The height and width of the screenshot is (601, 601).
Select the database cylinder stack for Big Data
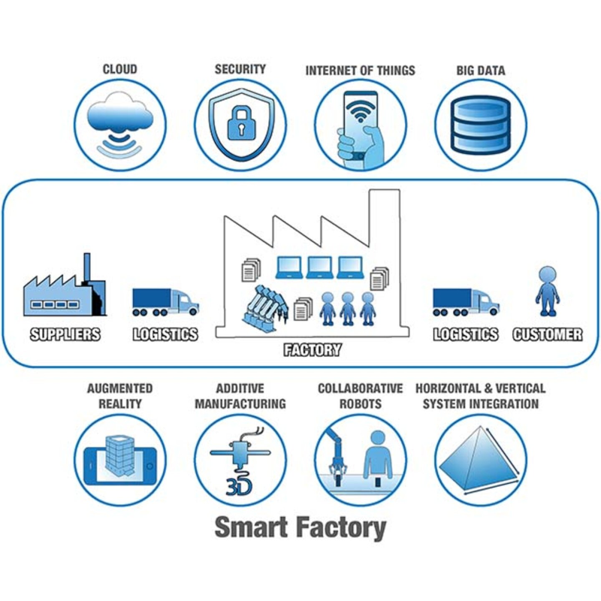pyautogui.click(x=481, y=125)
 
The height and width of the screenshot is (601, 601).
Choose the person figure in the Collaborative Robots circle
pyautogui.click(x=377, y=455)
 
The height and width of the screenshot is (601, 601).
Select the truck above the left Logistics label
pyautogui.click(x=165, y=302)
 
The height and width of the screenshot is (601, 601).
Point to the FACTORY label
pyautogui.click(x=313, y=349)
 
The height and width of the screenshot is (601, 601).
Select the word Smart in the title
pyautogui.click(x=252, y=527)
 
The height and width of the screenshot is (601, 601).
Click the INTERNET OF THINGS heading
pyautogui.click(x=360, y=71)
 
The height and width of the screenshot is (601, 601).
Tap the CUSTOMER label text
pyautogui.click(x=547, y=334)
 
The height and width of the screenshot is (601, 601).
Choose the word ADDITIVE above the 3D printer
pyautogui.click(x=240, y=388)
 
